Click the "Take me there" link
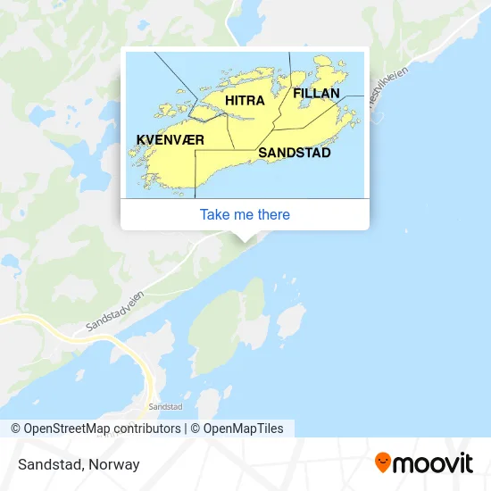click(245, 214)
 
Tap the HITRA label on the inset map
click(245, 101)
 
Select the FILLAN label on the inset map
click(316, 93)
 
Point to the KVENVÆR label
click(171, 140)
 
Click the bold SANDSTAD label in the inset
click(295, 153)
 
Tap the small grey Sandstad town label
click(166, 406)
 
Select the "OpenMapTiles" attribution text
click(243, 429)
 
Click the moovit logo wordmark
click(433, 463)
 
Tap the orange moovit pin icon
click(383, 463)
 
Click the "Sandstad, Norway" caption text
click(77, 464)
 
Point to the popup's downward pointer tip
click(245, 239)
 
